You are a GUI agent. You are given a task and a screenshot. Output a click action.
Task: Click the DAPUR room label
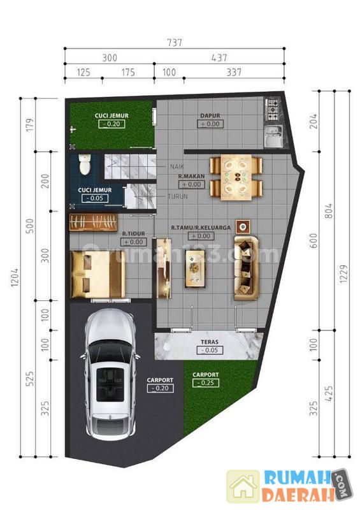(x=210, y=115)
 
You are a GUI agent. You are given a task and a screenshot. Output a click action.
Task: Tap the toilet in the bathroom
(x=85, y=164)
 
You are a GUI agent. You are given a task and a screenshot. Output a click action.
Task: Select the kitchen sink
(x=273, y=136)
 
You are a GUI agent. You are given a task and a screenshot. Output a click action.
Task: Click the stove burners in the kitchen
(x=272, y=110)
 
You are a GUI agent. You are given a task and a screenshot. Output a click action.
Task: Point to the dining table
(x=236, y=178)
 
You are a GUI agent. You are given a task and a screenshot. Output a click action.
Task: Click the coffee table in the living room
(x=195, y=268)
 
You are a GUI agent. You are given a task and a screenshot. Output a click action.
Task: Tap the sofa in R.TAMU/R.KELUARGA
(x=246, y=268)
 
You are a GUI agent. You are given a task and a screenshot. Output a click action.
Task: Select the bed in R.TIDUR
(x=98, y=274)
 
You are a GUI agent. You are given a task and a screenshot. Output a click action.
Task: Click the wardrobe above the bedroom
(x=93, y=222)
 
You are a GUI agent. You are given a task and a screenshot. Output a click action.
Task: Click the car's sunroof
(x=110, y=385)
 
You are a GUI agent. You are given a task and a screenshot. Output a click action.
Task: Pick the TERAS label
(x=210, y=342)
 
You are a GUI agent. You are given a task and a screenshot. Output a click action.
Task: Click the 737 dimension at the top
(x=175, y=43)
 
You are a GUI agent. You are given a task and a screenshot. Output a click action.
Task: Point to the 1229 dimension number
(x=343, y=274)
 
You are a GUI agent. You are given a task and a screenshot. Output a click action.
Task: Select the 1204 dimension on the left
(x=15, y=277)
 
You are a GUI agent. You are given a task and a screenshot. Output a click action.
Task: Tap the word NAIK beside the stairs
(x=177, y=166)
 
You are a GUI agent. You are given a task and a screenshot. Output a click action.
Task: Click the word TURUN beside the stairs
(x=178, y=196)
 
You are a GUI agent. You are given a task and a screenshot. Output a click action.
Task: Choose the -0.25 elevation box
(x=206, y=383)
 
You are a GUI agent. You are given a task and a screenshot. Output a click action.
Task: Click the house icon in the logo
(x=243, y=487)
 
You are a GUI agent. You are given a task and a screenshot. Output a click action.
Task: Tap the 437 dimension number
(x=219, y=58)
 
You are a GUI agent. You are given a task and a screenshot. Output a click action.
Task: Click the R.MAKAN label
(x=192, y=176)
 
